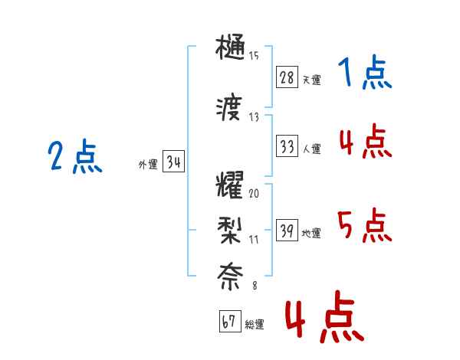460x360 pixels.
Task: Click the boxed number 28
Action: tap(286, 77)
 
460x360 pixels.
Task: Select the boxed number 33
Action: tap(286, 146)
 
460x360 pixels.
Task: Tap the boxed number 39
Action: tap(286, 231)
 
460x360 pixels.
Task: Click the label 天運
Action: tap(311, 80)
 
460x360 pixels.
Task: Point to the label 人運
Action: tap(311, 149)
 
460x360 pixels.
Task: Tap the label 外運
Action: tap(147, 164)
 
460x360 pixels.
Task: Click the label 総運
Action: tap(255, 324)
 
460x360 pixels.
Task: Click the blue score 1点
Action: tap(365, 74)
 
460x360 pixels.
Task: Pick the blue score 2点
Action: tap(75, 158)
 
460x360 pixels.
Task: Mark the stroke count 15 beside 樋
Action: tap(254, 55)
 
